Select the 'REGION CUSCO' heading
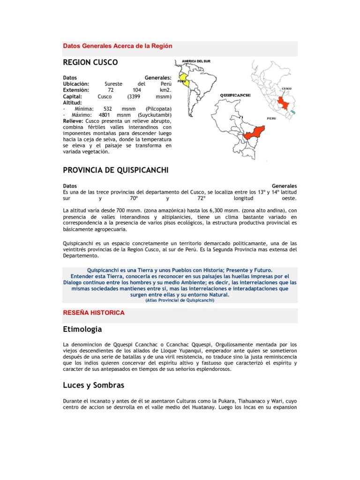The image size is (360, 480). click(90, 62)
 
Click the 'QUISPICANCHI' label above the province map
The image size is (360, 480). click(235, 95)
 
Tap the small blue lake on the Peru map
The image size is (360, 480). click(293, 112)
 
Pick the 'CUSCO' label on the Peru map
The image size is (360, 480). click(287, 88)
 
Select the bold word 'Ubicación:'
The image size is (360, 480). click(76, 83)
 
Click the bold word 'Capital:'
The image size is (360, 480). click(73, 96)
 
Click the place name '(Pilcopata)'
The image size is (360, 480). click(158, 109)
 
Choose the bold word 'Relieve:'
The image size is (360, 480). click(73, 121)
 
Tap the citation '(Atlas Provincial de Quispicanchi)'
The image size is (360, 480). click(180, 300)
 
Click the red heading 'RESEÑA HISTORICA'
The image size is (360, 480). click(94, 313)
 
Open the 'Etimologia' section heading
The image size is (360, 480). click(82, 329)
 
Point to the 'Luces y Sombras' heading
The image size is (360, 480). click(93, 385)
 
